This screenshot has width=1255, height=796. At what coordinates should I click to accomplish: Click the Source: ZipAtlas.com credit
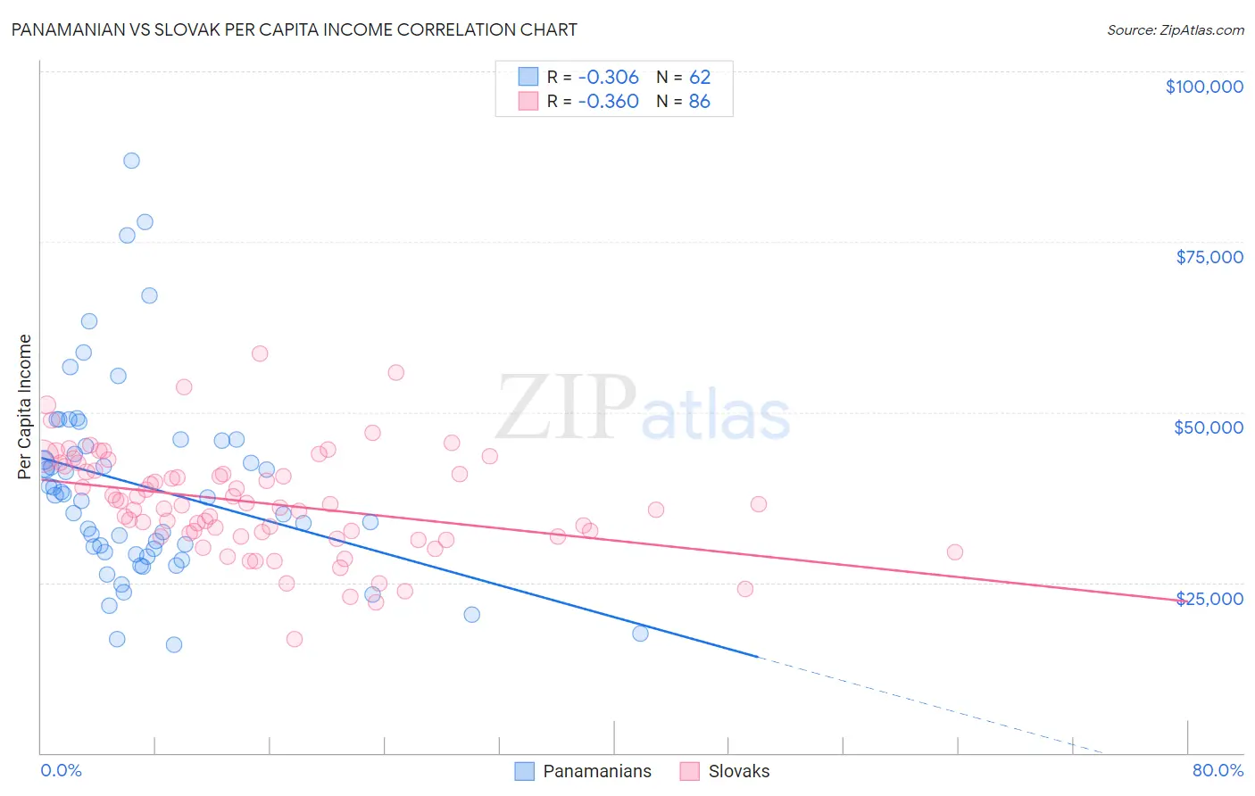(x=1175, y=29)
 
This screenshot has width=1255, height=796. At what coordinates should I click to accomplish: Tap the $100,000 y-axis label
(x=1204, y=87)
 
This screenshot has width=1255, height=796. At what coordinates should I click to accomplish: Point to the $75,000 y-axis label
(x=1209, y=257)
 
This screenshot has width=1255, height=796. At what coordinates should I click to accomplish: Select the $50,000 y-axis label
(x=1209, y=427)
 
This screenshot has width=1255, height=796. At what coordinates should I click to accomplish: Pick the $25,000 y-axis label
(x=1209, y=598)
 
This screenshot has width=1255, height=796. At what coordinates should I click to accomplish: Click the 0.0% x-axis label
(x=61, y=770)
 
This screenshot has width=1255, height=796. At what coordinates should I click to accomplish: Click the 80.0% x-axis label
(x=1218, y=770)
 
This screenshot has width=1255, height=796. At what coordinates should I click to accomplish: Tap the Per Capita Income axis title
(x=25, y=406)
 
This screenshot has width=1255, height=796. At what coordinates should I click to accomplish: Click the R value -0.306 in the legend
(x=608, y=77)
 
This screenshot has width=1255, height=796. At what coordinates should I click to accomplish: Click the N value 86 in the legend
(x=700, y=101)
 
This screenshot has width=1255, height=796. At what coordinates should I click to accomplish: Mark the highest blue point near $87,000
(x=131, y=161)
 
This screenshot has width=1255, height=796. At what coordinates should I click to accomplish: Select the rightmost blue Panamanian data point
(x=640, y=634)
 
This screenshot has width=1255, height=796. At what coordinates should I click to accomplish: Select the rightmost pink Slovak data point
(x=955, y=551)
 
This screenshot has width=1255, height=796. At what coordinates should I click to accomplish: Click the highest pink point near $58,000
(x=260, y=353)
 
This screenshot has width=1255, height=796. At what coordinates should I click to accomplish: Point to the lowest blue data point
(x=174, y=644)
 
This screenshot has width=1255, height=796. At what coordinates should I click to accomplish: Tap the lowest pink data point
(x=295, y=639)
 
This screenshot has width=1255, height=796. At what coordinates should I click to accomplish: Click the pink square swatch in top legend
(x=528, y=101)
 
